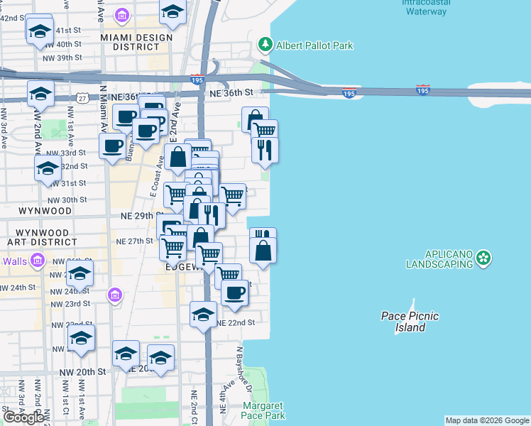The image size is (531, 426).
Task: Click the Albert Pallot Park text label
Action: [314, 46]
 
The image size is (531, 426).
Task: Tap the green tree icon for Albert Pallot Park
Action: [265, 45]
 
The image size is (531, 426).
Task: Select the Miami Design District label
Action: [136, 42]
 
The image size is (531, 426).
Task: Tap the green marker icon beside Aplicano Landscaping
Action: [483, 258]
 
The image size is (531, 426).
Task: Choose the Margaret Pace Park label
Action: [263, 410]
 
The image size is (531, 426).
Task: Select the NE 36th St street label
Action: [231, 92]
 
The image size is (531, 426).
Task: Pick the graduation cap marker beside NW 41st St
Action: [40, 32]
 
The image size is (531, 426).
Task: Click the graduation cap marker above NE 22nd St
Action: [203, 315]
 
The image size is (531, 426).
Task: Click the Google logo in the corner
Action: [23, 417]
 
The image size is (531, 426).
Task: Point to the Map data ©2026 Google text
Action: [487, 420]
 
